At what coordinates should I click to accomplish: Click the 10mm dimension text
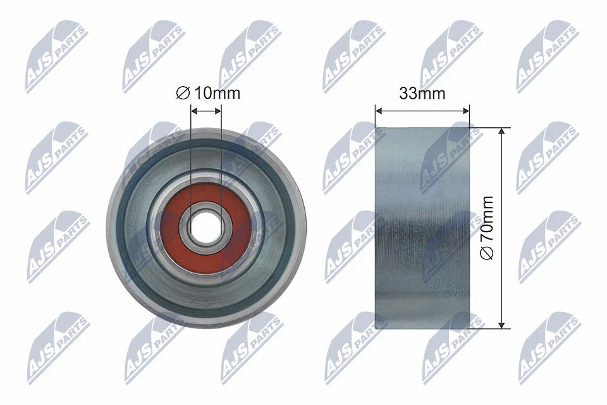(217, 94)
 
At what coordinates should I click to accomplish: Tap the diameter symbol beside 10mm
(183, 94)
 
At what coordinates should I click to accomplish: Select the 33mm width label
(422, 94)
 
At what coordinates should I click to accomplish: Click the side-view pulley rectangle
(422, 228)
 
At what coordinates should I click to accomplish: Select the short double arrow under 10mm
(206, 110)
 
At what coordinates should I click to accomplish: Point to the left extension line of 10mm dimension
(191, 158)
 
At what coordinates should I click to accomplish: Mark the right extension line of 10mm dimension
(221, 158)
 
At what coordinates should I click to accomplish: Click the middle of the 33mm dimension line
(422, 110)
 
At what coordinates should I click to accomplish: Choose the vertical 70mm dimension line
(501, 190)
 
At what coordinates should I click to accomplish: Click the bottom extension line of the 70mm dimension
(490, 328)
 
